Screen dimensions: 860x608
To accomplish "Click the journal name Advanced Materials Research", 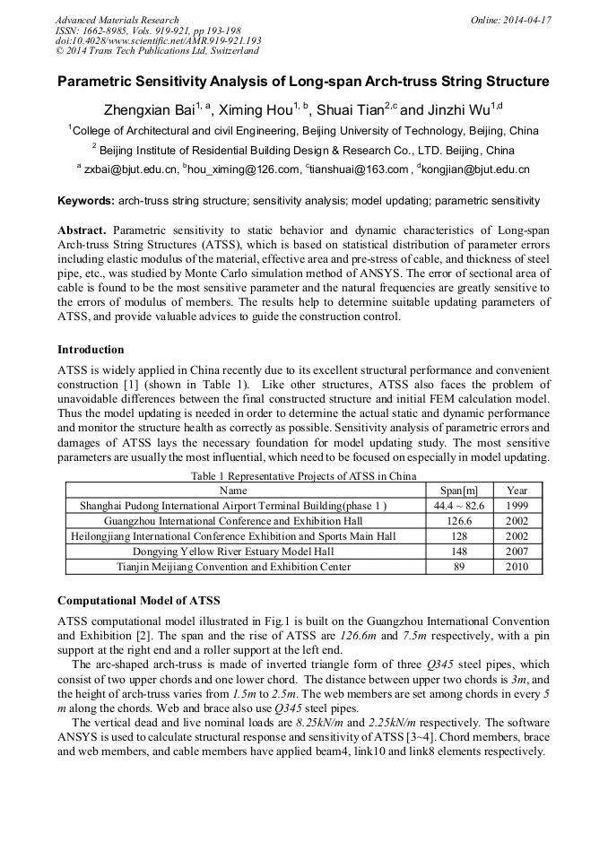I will (117, 20).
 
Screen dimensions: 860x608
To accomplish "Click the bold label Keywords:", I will (86, 201).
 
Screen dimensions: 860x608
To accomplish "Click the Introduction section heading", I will (91, 349).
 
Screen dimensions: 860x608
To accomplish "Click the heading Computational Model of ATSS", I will (138, 600).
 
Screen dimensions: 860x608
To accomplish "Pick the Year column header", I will (517, 491).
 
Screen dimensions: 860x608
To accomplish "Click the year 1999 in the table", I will (517, 506).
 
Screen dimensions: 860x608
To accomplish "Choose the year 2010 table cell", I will (517, 567).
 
